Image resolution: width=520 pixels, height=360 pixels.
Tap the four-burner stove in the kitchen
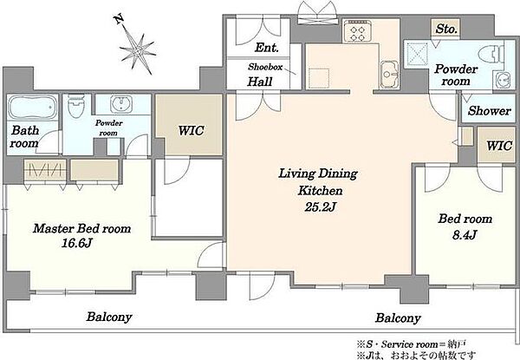[357, 31]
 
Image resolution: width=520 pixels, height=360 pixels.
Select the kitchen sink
[389, 75]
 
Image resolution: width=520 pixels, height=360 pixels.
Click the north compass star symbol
[138, 51]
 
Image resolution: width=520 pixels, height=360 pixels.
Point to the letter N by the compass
[120, 20]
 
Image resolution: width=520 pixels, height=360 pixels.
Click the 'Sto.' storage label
[446, 29]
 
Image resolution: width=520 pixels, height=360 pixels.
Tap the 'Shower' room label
[489, 111]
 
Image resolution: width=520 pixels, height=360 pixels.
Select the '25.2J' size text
[321, 207]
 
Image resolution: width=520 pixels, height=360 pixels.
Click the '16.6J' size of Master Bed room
[76, 244]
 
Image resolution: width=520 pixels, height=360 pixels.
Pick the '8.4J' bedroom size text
[465, 235]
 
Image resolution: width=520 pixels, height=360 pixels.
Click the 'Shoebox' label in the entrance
[265, 67]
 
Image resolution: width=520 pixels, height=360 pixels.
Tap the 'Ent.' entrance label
[266, 48]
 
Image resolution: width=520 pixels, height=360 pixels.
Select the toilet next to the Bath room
[76, 106]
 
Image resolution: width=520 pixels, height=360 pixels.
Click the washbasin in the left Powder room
[121, 104]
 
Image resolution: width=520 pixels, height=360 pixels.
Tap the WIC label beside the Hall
[191, 131]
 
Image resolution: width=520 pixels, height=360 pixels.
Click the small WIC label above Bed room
[499, 146]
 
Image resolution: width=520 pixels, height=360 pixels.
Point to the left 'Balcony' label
[109, 317]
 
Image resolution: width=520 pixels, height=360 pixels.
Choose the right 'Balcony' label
[398, 318]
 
